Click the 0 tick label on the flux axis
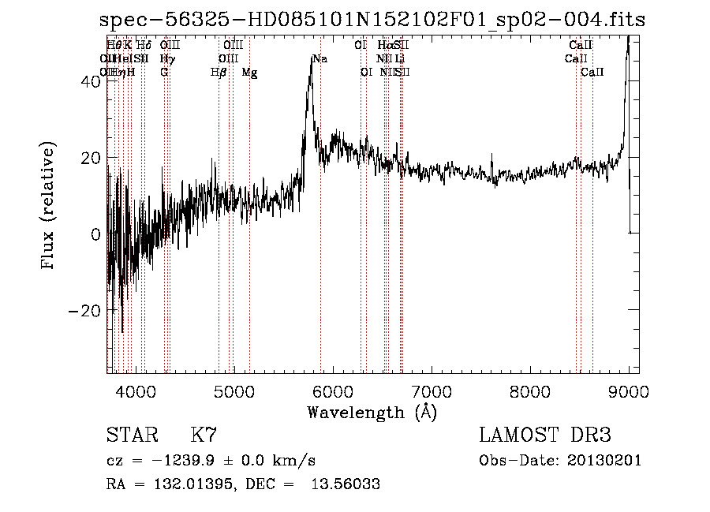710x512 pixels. point(95,234)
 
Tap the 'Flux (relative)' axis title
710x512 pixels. point(49,206)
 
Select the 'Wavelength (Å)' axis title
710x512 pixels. point(372,412)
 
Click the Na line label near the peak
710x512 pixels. point(319,58)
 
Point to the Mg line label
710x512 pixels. point(249,73)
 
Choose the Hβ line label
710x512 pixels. point(219,73)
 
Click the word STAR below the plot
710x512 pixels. point(130,435)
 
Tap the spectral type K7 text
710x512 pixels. point(204,435)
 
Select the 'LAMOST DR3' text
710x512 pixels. point(545,435)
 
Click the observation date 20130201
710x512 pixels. point(604,461)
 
